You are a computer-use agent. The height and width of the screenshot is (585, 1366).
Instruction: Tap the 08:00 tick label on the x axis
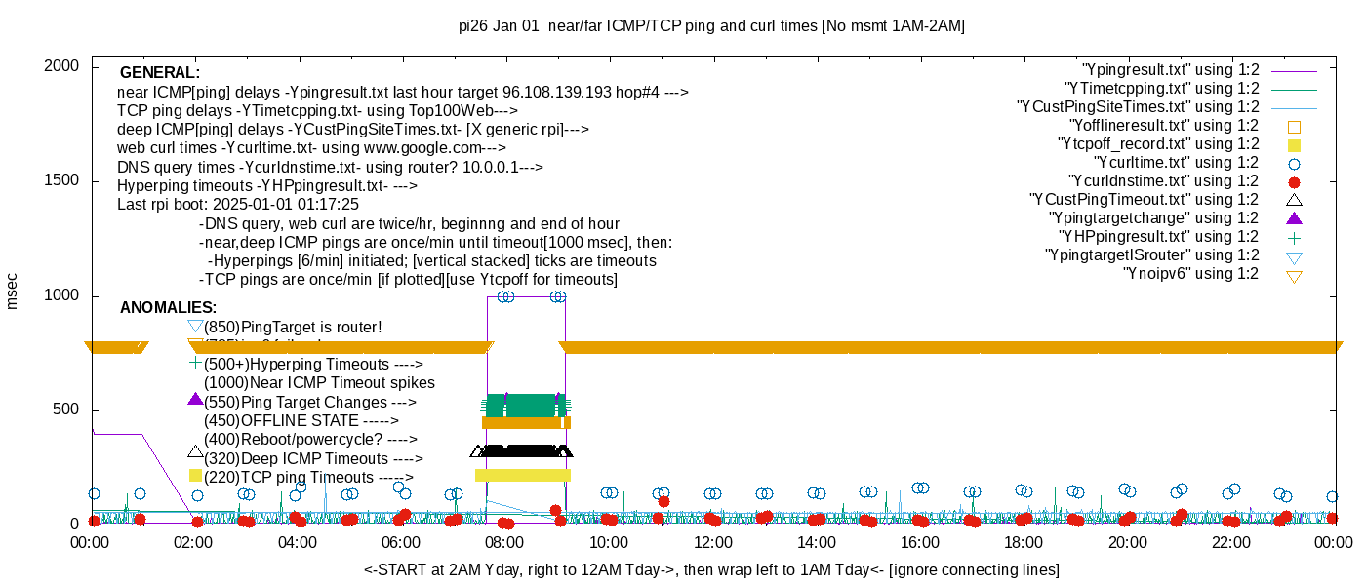pos(504,542)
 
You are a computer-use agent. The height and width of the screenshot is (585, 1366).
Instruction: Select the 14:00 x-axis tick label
pos(816,542)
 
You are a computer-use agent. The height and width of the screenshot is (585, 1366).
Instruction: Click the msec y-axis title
pos(12,291)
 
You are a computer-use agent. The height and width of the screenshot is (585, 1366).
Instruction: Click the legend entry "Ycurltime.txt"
pos(1176,162)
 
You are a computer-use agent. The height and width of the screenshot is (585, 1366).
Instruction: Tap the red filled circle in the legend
pos(1295,181)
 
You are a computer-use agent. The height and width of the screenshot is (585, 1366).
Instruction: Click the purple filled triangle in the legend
pos(1295,217)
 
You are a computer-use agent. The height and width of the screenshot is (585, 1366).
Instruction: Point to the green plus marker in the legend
pos(1295,237)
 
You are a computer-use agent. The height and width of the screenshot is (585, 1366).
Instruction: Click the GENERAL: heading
pos(160,73)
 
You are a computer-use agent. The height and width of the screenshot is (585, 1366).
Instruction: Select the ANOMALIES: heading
pos(169,308)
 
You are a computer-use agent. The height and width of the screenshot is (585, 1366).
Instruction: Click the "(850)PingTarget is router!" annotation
pos(293,327)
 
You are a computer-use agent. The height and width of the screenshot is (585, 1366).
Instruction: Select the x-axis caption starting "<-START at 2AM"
pos(711,569)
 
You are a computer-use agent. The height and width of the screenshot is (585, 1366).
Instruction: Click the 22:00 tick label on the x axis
pos(1230,542)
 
